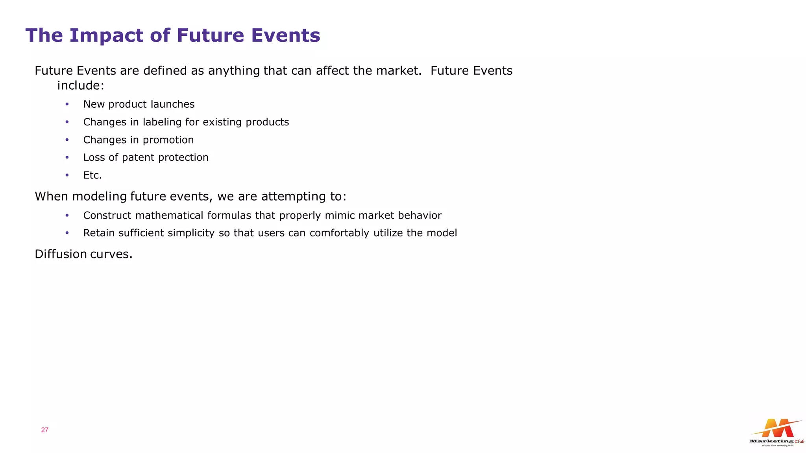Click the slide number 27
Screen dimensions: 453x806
pyautogui.click(x=44, y=430)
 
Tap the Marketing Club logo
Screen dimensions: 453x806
pyautogui.click(x=776, y=433)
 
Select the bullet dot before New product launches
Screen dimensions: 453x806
pyautogui.click(x=67, y=104)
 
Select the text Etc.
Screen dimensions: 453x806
pyautogui.click(x=92, y=175)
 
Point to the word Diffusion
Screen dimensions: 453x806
pyautogui.click(x=61, y=254)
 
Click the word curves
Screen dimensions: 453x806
pyautogui.click(x=111, y=254)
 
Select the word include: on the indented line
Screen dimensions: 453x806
pyautogui.click(x=81, y=85)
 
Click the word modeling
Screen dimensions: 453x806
pyautogui.click(x=100, y=196)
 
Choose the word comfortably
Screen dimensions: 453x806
pyautogui.click(x=339, y=233)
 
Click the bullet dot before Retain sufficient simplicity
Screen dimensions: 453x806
pyautogui.click(x=67, y=233)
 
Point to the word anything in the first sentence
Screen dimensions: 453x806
pyautogui.click(x=234, y=71)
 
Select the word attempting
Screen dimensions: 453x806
pyautogui.click(x=290, y=196)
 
